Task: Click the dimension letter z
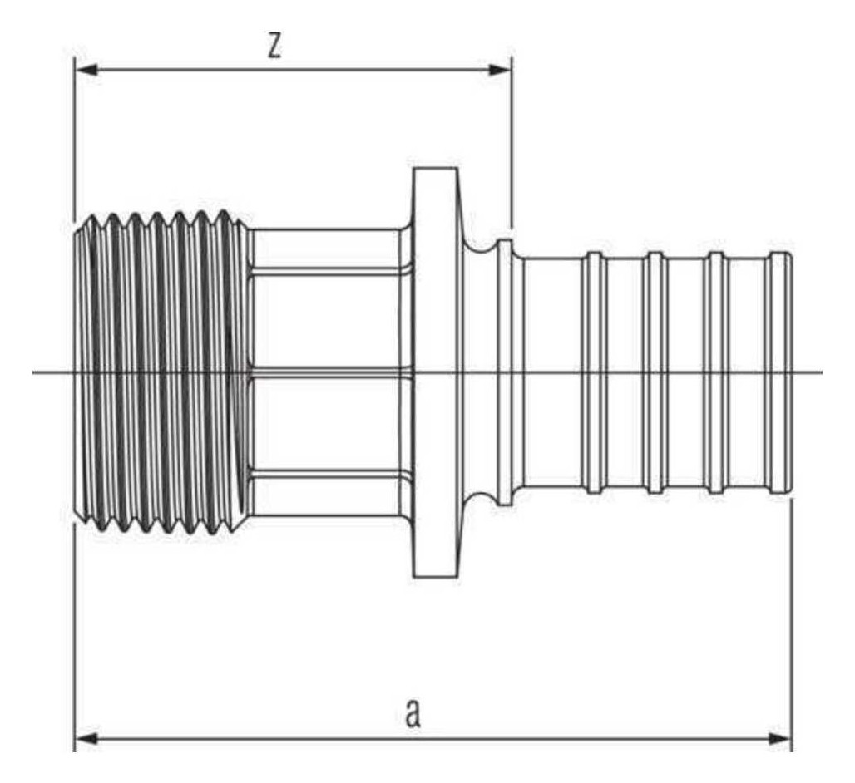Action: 274,46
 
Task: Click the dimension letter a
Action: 413,714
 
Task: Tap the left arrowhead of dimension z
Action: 86,70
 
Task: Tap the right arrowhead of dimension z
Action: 500,70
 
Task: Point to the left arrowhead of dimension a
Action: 86,739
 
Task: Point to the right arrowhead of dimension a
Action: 780,739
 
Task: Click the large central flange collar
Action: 435,372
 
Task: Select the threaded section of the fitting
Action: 162,372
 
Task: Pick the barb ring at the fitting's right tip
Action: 780,372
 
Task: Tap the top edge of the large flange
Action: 435,169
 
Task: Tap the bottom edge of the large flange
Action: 435,576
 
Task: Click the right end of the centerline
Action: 823,372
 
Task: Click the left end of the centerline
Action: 32,372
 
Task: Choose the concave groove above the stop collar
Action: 480,245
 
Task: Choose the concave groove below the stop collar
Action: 480,500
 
